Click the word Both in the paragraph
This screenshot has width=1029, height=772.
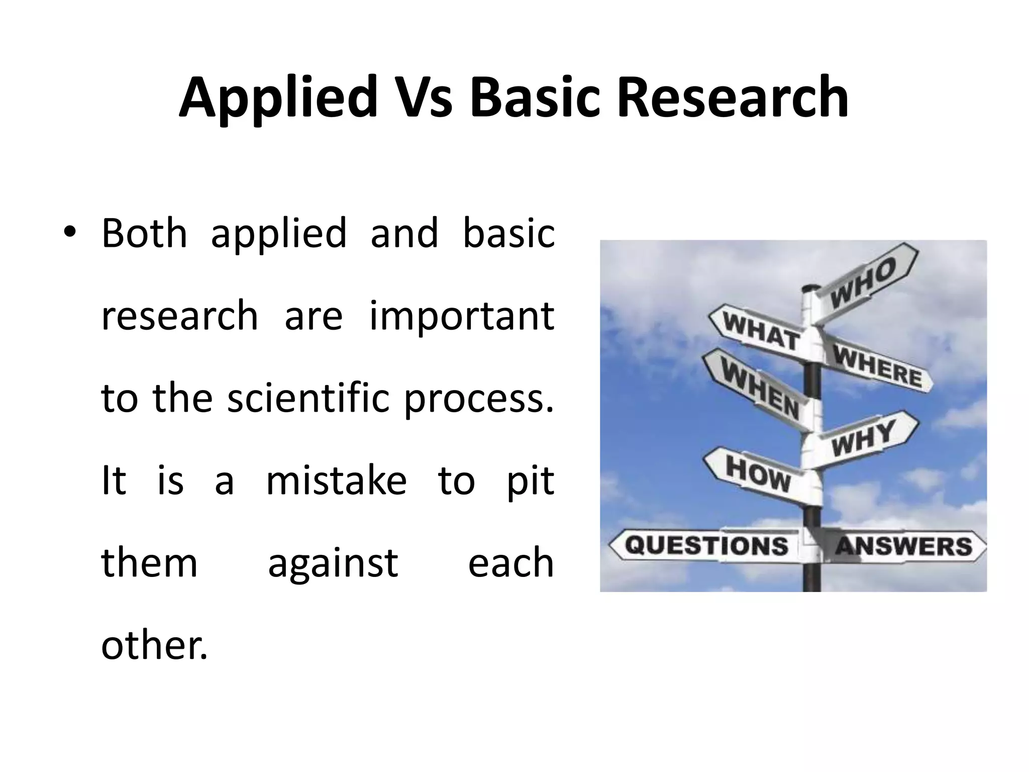[144, 233]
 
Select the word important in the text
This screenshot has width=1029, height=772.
[462, 316]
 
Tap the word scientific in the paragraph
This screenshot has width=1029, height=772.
[308, 398]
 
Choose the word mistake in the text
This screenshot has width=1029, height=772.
[336, 480]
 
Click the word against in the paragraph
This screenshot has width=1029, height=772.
[333, 562]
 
